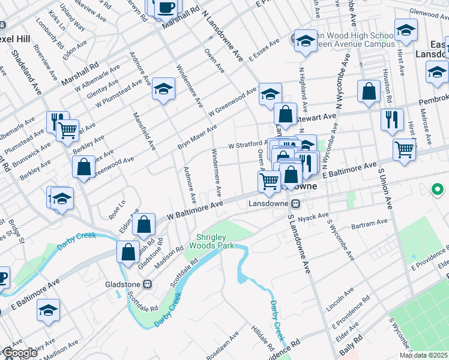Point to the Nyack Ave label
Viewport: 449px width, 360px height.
tap(317, 216)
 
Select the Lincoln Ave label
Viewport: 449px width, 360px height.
tap(340, 299)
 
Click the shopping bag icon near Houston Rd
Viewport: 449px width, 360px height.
tap(369, 91)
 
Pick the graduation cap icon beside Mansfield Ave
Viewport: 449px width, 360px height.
tap(163, 89)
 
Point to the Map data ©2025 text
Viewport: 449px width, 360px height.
tap(423, 355)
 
